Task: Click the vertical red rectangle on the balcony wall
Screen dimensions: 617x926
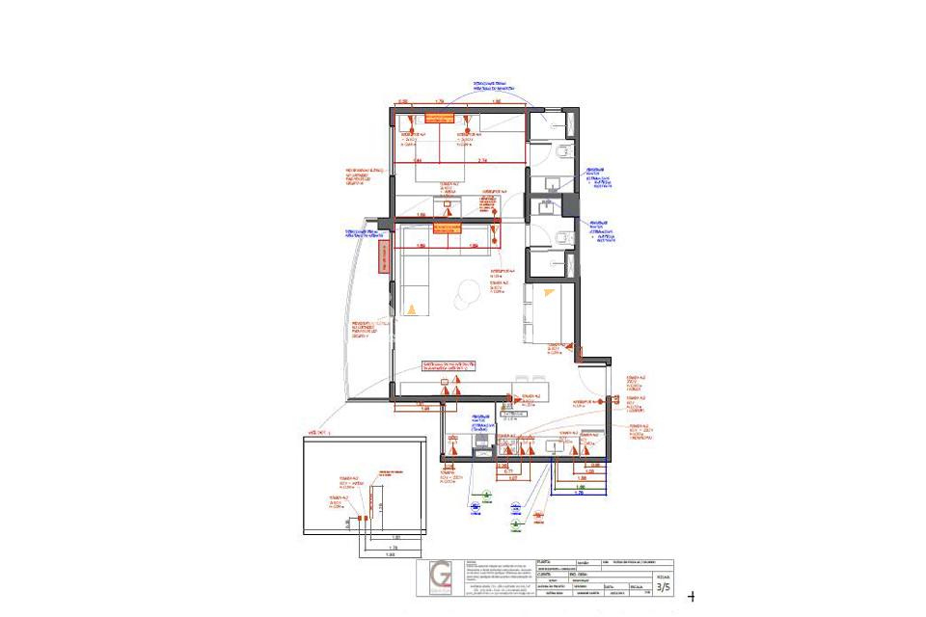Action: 384,258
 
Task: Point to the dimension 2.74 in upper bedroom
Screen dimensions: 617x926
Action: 484,160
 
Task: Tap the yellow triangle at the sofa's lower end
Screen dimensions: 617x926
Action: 412,309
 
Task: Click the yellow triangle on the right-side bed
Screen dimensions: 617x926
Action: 549,292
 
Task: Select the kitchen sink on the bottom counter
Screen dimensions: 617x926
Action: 558,446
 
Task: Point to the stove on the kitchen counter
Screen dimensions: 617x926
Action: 480,444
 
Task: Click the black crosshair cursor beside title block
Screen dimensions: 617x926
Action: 691,598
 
